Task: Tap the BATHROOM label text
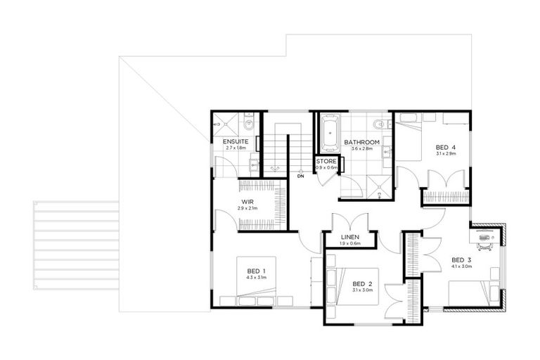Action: click(x=361, y=142)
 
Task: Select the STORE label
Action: click(x=326, y=162)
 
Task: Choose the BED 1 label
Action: click(x=255, y=271)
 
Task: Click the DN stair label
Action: click(x=300, y=176)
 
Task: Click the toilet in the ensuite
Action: click(x=240, y=124)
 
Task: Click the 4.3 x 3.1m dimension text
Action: click(x=255, y=278)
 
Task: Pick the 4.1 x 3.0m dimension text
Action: click(x=461, y=266)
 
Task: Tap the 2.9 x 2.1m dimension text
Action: click(x=247, y=209)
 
